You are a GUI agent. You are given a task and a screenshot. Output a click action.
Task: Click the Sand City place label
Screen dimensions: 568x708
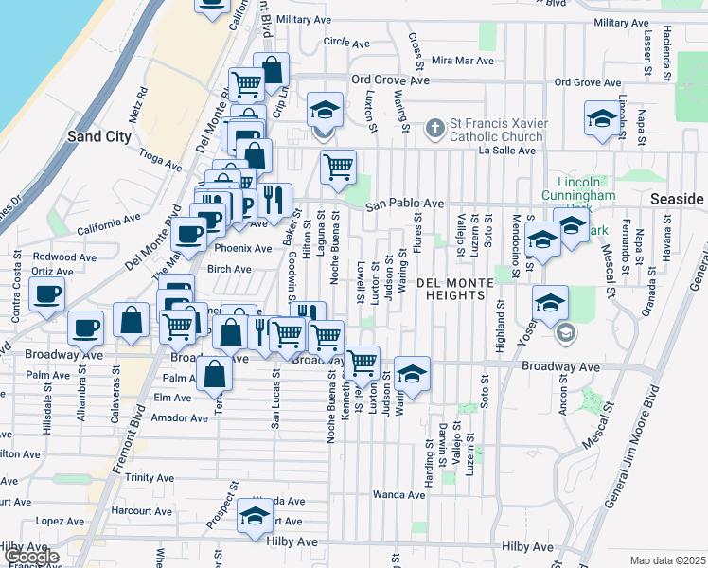click(x=99, y=136)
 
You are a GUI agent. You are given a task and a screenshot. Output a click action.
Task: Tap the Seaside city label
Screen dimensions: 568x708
click(x=678, y=199)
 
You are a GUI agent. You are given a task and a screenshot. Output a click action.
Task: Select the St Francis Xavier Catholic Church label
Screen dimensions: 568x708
click(x=496, y=131)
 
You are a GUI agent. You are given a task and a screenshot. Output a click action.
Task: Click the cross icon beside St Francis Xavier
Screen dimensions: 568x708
click(x=434, y=127)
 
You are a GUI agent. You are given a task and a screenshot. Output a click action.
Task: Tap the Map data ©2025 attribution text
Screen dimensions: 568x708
click(x=666, y=560)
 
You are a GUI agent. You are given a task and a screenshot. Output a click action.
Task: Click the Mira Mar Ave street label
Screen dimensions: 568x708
click(x=463, y=60)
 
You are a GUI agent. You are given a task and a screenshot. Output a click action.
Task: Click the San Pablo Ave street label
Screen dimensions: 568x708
click(x=405, y=204)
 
